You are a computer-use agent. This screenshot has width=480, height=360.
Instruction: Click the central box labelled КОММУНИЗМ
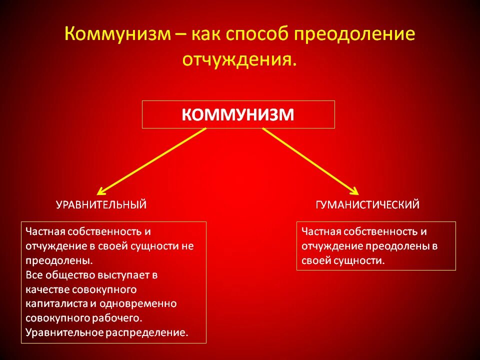pyautogui.click(x=238, y=114)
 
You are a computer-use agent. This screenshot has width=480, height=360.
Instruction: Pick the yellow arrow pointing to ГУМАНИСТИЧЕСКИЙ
pyautogui.click(x=310, y=160)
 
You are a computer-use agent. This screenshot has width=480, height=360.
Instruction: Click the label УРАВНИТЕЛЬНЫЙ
pyautogui.click(x=101, y=204)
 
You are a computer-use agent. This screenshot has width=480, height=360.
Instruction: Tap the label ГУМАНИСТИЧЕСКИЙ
pyautogui.click(x=367, y=204)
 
